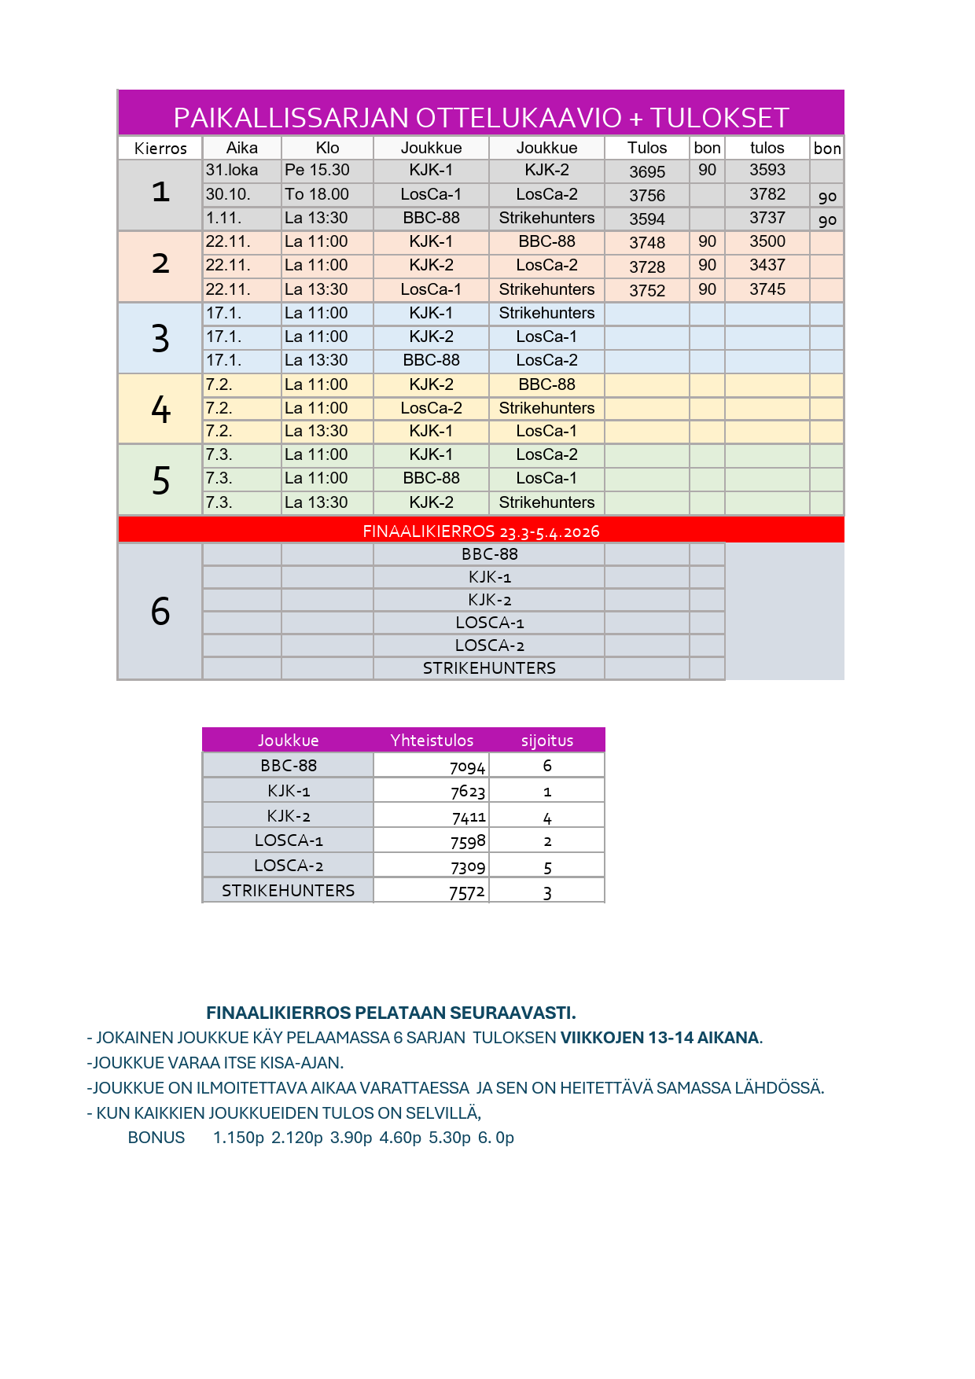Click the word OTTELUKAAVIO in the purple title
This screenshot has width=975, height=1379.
coord(518,118)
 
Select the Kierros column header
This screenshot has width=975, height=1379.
coord(160,149)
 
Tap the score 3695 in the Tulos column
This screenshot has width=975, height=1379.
coord(647,171)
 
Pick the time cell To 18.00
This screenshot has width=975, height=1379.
coord(317,194)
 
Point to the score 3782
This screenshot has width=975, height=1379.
coord(767,194)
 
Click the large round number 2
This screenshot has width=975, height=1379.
coord(160,264)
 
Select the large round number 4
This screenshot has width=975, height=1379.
coord(160,410)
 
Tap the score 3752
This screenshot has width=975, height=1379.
coord(647,290)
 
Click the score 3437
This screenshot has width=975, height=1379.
coord(767,266)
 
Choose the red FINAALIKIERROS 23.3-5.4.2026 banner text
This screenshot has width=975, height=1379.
coord(481,531)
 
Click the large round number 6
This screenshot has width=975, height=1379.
coord(160,612)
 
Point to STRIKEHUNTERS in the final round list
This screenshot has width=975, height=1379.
coord(489,668)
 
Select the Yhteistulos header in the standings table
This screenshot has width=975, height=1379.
coord(432,741)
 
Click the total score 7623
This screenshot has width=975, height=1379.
coord(468,792)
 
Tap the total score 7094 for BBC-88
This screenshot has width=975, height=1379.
coord(468,767)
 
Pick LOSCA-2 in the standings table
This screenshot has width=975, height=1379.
coord(289,866)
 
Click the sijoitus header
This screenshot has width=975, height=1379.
coord(547,741)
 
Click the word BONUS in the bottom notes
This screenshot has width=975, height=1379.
coord(156,1138)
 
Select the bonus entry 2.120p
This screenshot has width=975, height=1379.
coord(297,1138)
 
